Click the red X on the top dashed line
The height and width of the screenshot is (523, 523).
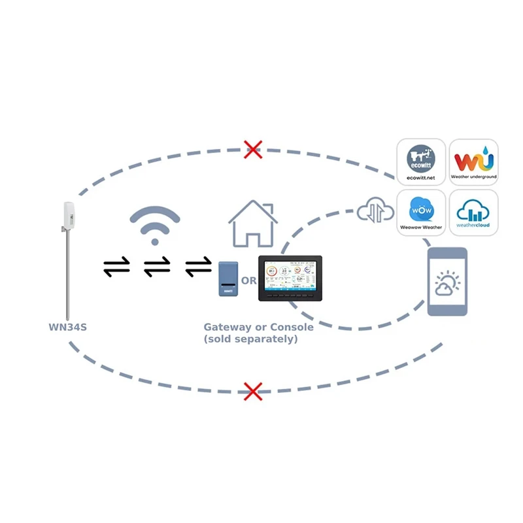click(x=253, y=149)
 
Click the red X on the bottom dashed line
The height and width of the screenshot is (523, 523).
click(x=253, y=391)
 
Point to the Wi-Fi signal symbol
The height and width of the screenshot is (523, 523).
click(x=154, y=226)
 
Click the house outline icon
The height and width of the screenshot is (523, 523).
click(x=253, y=224)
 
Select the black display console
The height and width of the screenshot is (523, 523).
click(x=292, y=278)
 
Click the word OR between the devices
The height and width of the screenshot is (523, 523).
click(x=249, y=281)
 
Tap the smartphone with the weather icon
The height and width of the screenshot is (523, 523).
click(x=447, y=282)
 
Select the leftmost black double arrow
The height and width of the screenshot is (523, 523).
click(x=116, y=266)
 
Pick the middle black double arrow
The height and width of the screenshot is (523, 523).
click(x=157, y=266)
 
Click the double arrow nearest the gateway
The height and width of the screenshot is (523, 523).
click(x=198, y=266)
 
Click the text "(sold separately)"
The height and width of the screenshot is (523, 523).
click(x=250, y=339)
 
